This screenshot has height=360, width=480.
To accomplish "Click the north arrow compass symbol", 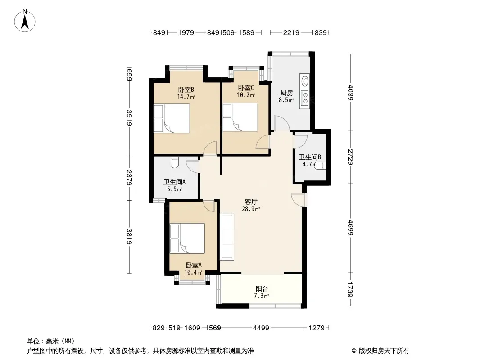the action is pos(25,21).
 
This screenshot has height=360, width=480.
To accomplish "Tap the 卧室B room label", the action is pos(186,90).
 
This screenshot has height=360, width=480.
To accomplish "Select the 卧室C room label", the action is pos(246,88).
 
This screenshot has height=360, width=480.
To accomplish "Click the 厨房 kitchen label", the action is pos(286,93).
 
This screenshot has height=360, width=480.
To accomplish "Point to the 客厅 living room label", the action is pos(251,202).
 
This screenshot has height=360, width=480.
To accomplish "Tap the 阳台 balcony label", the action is pos(262,289).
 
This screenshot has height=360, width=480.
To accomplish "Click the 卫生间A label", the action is pos(175,182).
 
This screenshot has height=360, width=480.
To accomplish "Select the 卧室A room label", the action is pos(194,265).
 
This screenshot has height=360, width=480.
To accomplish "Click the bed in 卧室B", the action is pos(172,118).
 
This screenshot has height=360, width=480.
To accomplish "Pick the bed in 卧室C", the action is pos(240,117).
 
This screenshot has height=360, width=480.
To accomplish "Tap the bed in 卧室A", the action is pos(187,238).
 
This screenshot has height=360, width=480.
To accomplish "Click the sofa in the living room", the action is pos(227,237).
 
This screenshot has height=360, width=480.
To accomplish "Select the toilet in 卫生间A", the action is pos(174,162).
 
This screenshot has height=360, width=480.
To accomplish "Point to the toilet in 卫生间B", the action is pos(321,166).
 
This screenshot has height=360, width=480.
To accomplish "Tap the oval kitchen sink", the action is pos(305,81).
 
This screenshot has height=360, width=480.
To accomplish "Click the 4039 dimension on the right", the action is pos(351,93).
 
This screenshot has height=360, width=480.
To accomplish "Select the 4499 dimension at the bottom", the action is pos(261,328).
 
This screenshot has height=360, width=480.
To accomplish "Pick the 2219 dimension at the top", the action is pos(291,32).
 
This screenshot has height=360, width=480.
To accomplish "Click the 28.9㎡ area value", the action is pos(251,209).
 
